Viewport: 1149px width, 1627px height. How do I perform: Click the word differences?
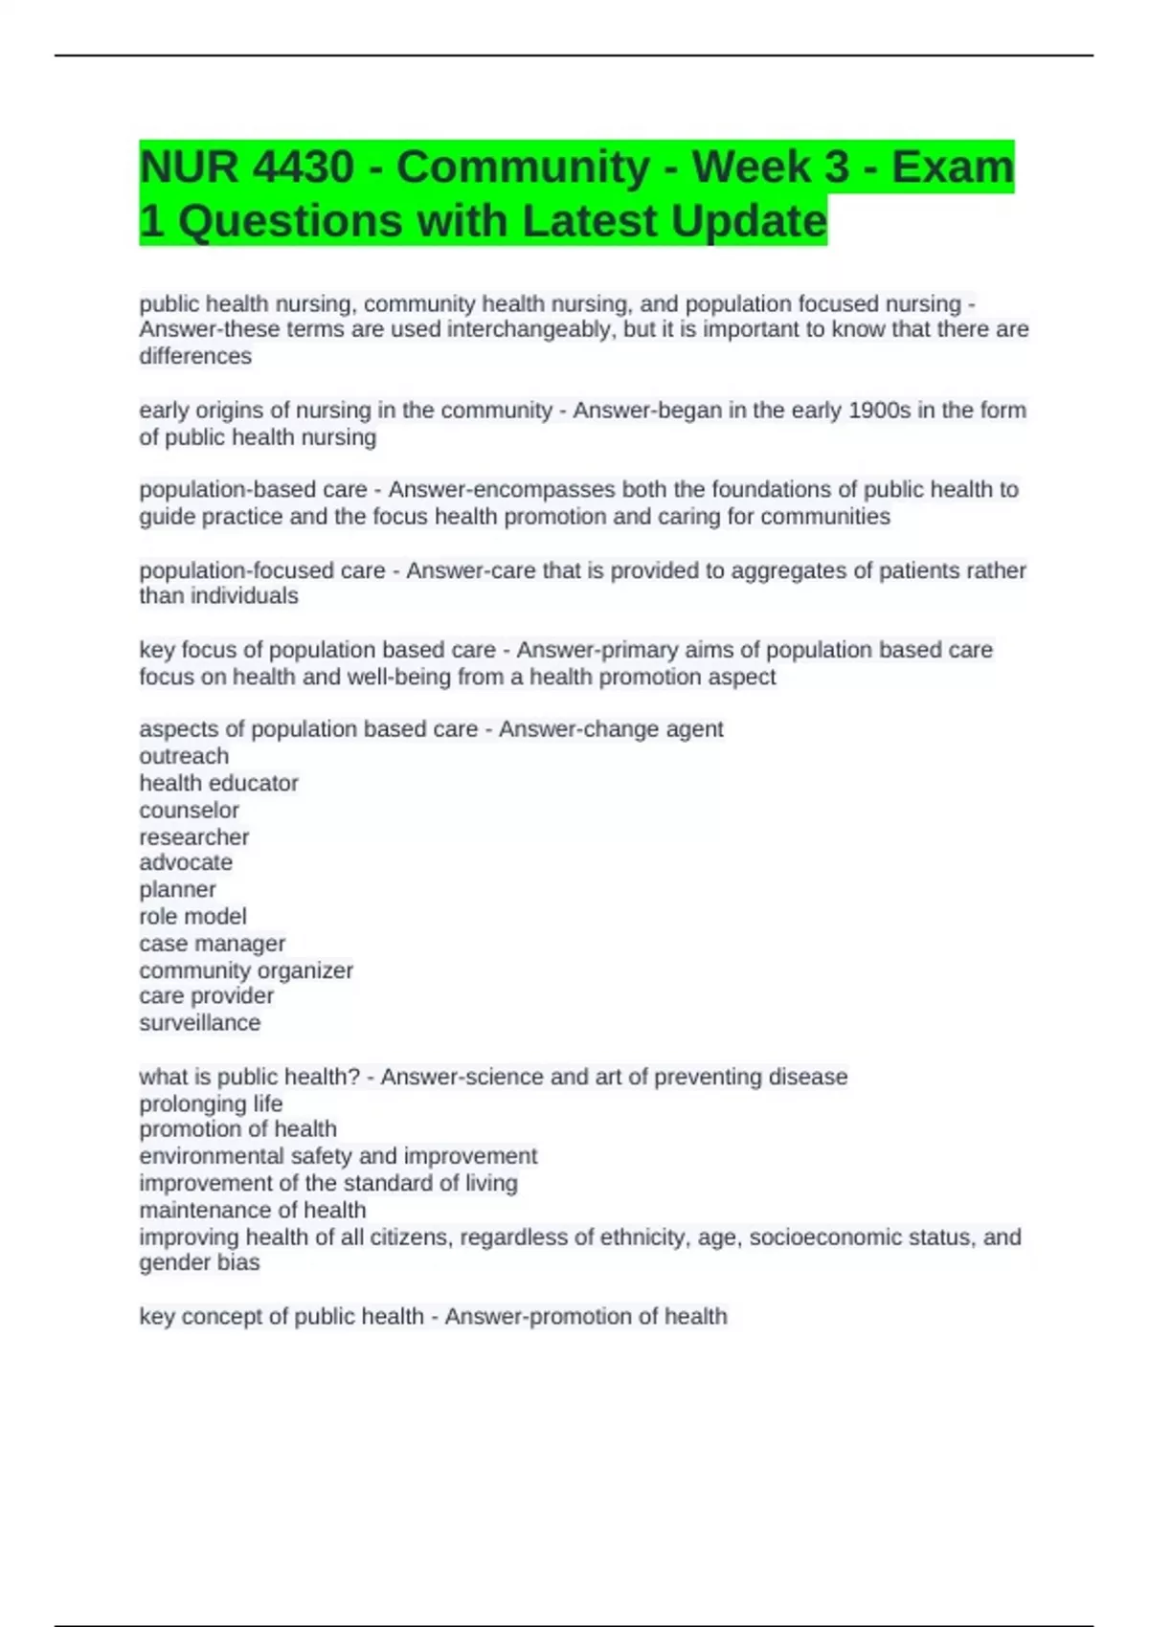195,356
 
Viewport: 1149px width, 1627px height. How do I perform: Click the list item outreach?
184,756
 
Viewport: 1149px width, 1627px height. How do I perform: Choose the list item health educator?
218,783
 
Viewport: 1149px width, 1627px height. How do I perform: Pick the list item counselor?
189,810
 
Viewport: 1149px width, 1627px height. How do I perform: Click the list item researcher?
193,836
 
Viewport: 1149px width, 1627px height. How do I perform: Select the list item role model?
192,916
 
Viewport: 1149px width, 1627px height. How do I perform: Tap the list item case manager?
212,943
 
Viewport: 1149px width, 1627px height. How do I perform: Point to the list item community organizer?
246,970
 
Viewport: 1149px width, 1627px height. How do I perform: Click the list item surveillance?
199,1023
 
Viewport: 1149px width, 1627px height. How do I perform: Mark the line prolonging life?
211,1103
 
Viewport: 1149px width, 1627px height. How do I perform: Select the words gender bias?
199,1262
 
